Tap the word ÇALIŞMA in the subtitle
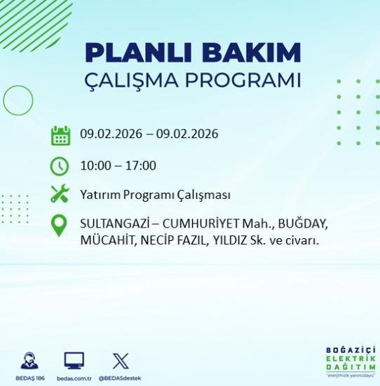[x=140, y=80]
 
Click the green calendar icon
[x=61, y=135]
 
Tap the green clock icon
[x=60, y=166]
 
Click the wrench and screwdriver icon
[x=60, y=194]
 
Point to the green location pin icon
[x=60, y=225]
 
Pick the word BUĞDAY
[x=303, y=226]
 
